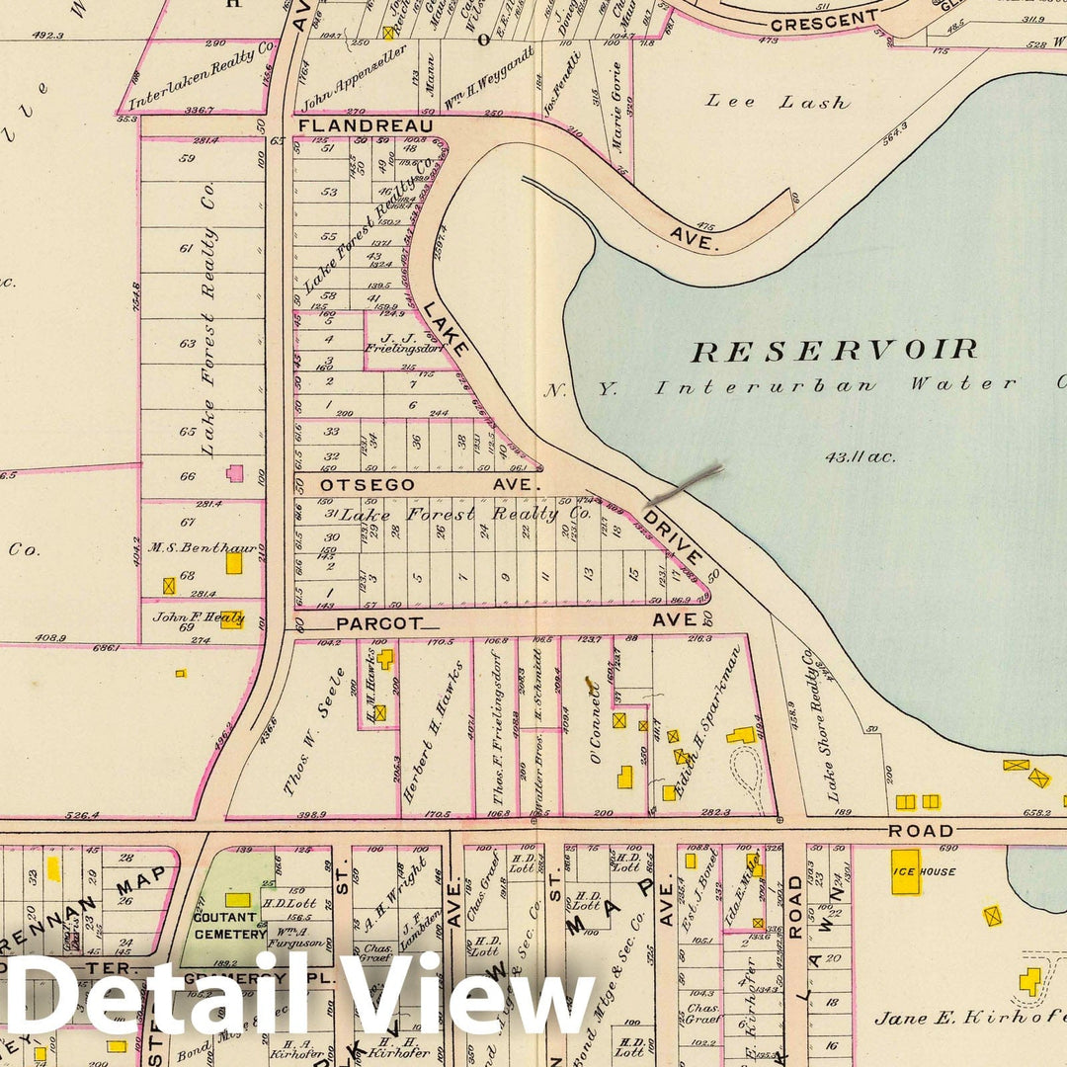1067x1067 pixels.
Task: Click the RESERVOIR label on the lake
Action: (x=834, y=349)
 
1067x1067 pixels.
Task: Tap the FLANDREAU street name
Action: (x=366, y=126)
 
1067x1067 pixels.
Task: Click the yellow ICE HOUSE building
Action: (x=906, y=872)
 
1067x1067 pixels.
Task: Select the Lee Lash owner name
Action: (x=778, y=102)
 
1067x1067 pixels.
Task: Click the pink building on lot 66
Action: (x=235, y=473)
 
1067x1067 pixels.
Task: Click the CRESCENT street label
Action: (x=824, y=20)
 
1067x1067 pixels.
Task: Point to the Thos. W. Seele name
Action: (x=318, y=731)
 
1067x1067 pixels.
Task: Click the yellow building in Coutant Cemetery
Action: (x=237, y=899)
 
